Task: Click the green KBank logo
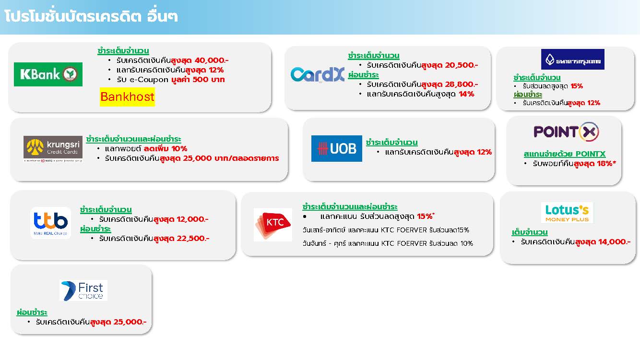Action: (48, 74)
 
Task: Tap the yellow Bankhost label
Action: (127, 97)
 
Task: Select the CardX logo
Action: (318, 74)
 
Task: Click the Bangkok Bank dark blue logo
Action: (572, 59)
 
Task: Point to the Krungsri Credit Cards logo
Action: (53, 149)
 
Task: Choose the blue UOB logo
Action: (337, 148)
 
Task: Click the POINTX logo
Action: (566, 132)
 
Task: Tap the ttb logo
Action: (50, 223)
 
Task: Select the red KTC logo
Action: (273, 225)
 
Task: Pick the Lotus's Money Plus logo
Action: (567, 213)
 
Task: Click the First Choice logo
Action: (83, 290)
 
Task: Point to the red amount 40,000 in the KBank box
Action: (212, 60)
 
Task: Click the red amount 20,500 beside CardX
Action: (461, 65)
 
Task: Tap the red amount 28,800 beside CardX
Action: (461, 84)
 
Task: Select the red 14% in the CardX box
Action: (466, 94)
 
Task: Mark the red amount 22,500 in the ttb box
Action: (193, 239)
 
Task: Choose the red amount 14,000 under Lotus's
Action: (614, 242)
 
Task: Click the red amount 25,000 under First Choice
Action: (130, 322)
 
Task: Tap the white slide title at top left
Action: (91, 16)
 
